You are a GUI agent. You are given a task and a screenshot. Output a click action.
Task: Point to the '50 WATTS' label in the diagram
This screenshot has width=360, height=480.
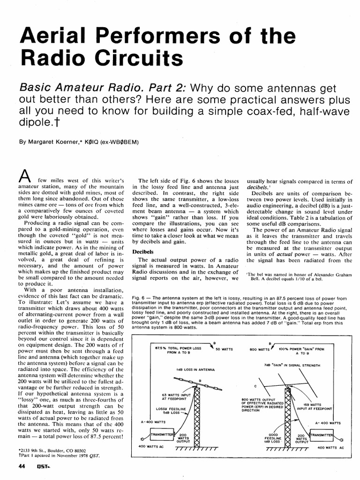coord(224,349)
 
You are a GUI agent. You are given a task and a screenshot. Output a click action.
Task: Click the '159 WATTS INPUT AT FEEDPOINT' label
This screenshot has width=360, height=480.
coord(312,405)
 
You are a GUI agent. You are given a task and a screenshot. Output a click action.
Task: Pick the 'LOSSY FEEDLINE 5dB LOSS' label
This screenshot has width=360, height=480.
coord(167,411)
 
